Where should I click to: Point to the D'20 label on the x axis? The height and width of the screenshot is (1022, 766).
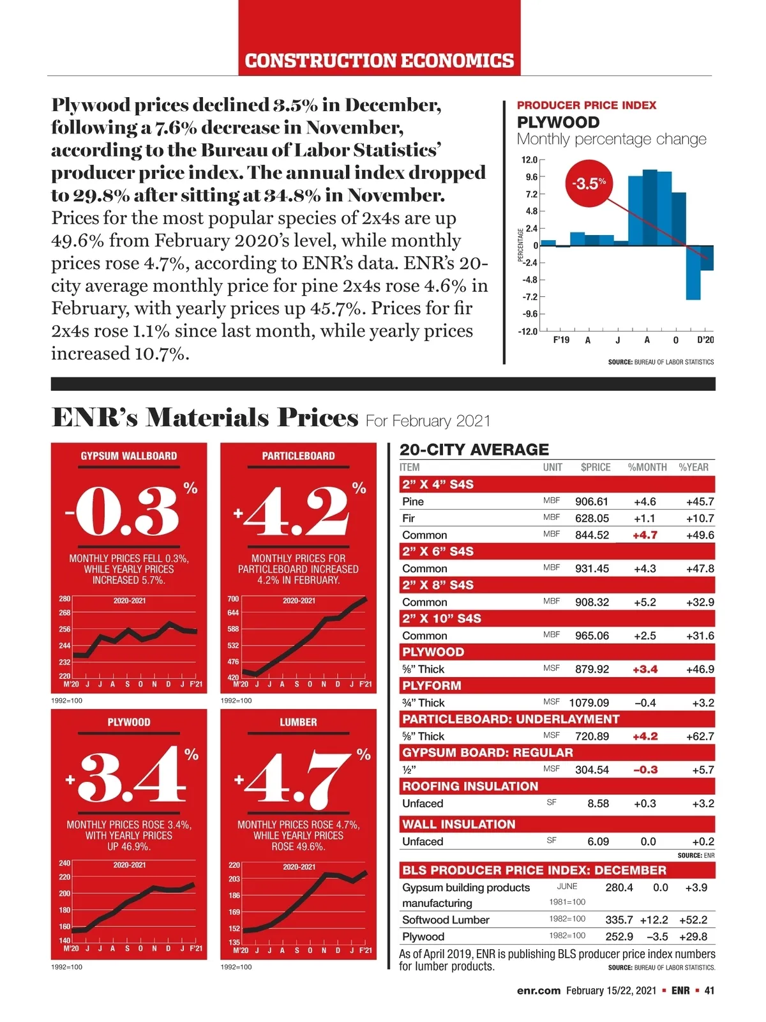coord(705,340)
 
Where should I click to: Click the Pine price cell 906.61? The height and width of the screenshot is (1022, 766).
coord(592,501)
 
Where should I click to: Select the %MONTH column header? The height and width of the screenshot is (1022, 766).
coord(647,467)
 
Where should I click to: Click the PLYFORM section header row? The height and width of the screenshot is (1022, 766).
coord(432,685)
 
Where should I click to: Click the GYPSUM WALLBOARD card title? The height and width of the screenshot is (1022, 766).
coord(129,456)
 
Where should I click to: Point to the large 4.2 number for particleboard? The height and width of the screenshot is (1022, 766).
coord(298,513)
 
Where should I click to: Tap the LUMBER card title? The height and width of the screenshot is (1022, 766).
coord(298,722)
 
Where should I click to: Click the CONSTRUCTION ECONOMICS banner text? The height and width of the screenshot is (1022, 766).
coord(379,61)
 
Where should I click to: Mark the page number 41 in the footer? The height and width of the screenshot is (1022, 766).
coord(709,991)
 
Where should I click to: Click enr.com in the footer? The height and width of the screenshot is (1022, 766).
coord(538,991)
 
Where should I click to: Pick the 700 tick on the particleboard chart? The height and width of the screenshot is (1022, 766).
coord(233,599)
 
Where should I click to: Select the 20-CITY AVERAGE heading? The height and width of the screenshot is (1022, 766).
coord(474,450)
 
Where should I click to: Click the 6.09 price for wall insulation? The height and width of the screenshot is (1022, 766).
coord(598,841)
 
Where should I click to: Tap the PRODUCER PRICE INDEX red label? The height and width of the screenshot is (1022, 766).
coord(586,105)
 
